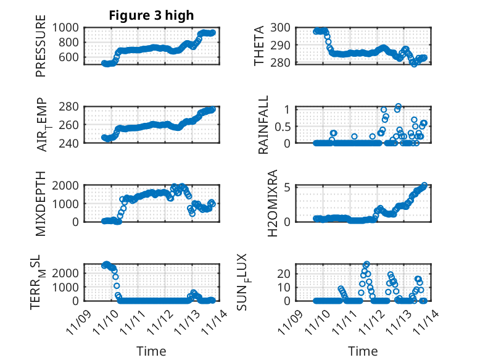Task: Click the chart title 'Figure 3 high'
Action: point(151,15)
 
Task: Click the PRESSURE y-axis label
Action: point(41,50)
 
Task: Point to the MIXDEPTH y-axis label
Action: point(41,203)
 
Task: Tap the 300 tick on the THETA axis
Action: point(281,28)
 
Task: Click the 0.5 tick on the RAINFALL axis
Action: point(282,126)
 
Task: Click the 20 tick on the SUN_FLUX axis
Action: point(284,273)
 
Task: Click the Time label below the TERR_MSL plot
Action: point(151,351)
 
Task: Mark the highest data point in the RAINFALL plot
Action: point(398,106)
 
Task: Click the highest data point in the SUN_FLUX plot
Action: point(366,264)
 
